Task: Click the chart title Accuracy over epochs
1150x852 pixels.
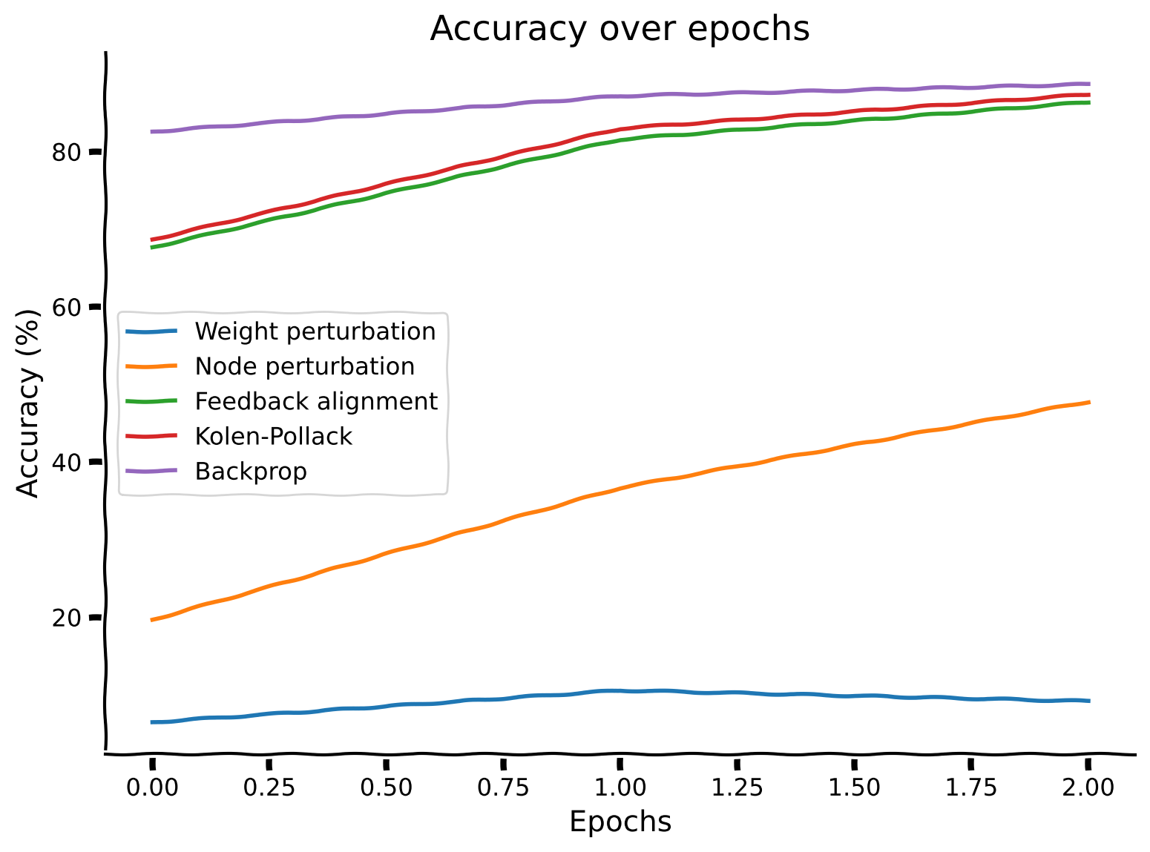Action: tap(620, 29)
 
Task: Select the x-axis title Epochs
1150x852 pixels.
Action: tap(620, 822)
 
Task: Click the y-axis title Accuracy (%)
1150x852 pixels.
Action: tap(27, 403)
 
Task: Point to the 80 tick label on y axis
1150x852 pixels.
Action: tap(67, 152)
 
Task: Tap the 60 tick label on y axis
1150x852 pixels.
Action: tap(67, 307)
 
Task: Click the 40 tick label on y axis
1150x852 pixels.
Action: tap(67, 462)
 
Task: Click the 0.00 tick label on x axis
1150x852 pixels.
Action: tap(152, 787)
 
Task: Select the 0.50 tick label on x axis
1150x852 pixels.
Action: tap(386, 787)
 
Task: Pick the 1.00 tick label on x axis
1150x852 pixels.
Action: tap(620, 787)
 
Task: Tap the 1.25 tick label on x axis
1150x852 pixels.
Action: tap(737, 787)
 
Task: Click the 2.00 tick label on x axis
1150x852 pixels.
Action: tap(1088, 787)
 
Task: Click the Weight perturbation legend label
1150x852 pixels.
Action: tap(315, 331)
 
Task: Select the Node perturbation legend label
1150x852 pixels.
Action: tap(304, 366)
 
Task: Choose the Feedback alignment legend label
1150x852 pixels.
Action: tap(316, 401)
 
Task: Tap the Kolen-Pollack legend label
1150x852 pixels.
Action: tap(273, 436)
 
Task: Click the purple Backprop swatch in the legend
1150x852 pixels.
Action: tap(151, 471)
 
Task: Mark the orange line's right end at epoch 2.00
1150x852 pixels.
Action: tap(1088, 402)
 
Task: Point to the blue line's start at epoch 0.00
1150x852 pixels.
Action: tap(152, 721)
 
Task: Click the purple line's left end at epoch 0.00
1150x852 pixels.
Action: tap(152, 132)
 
